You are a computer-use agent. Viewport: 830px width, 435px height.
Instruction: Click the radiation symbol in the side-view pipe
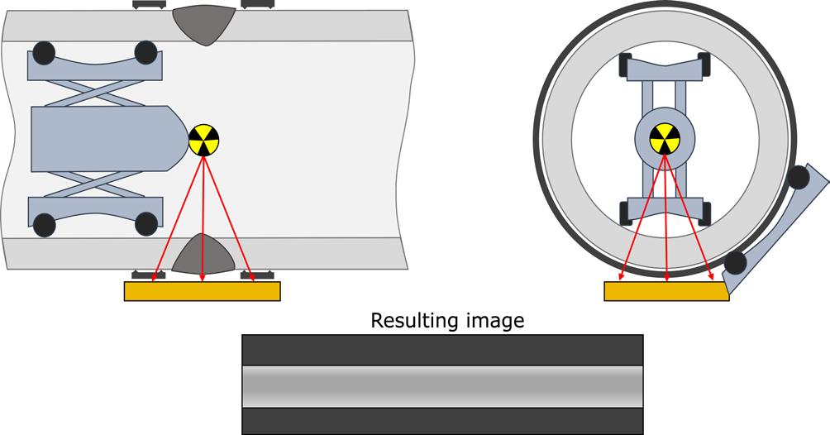coord(203,141)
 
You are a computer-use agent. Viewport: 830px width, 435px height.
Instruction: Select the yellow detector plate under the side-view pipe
coord(202,291)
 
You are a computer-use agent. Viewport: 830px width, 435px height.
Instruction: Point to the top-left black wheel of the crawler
coord(44,52)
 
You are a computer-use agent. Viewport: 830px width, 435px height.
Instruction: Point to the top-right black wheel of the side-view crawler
coord(145,52)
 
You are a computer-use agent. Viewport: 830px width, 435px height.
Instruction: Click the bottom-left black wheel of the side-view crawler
coord(44,223)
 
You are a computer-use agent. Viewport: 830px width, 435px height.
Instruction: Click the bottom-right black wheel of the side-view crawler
coord(145,223)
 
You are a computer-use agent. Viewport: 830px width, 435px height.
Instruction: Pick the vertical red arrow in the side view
coord(203,215)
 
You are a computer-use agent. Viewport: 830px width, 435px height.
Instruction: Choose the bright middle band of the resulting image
coord(442,385)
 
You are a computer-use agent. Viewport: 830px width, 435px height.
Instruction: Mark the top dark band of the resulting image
coord(442,350)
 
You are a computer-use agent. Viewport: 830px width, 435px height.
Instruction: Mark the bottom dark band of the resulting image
coord(442,420)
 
